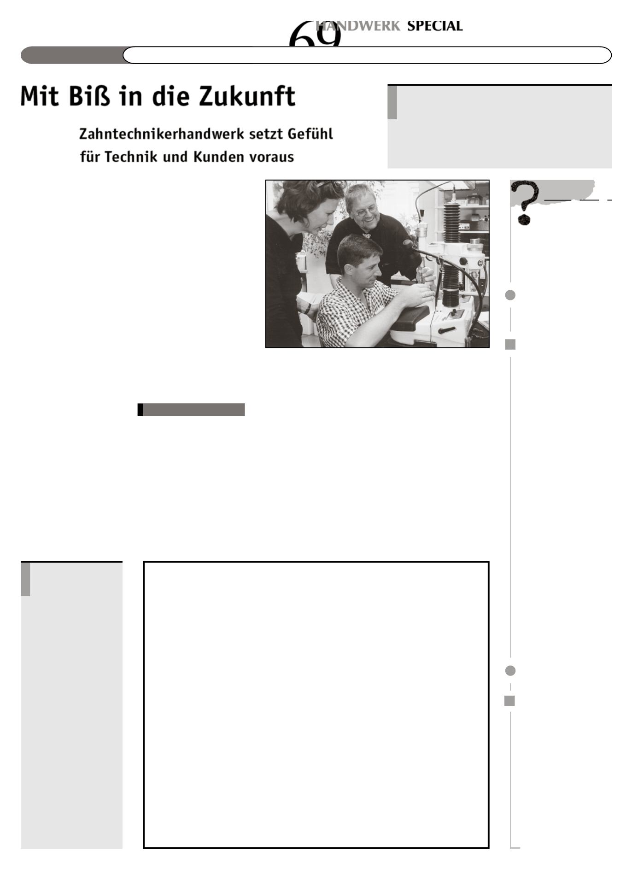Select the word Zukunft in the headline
pos(246,96)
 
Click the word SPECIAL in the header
pos(434,26)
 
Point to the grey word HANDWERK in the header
pos(358,26)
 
